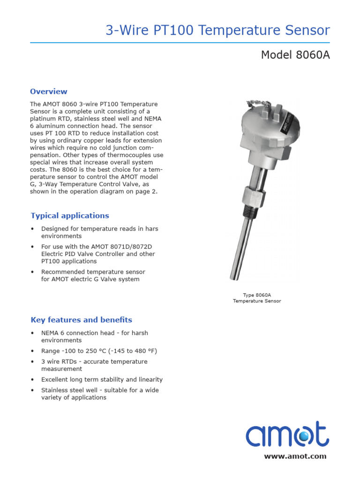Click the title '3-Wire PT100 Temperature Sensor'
point(217,31)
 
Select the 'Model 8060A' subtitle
point(295,55)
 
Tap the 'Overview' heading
point(49,91)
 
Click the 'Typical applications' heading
point(70,216)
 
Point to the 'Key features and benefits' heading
point(82,320)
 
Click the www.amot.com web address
point(295,456)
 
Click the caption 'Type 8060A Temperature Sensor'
point(257,298)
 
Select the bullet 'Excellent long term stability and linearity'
point(102,379)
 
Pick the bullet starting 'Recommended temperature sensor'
point(93,276)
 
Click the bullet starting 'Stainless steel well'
point(99,394)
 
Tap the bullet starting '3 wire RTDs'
point(94,365)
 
